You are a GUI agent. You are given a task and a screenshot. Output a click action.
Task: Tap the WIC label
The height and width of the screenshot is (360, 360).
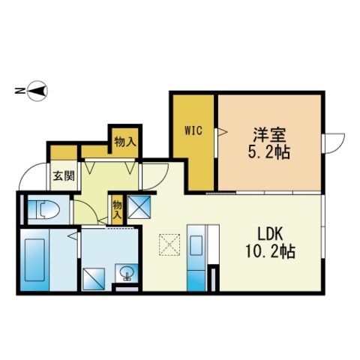click(193, 129)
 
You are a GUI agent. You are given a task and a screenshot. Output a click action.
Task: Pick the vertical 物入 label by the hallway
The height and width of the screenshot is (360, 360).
click(117, 207)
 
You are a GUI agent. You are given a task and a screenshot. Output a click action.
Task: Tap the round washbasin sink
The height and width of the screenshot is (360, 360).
click(125, 271)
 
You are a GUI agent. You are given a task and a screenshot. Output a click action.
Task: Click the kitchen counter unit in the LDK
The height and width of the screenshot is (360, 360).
click(196, 256)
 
